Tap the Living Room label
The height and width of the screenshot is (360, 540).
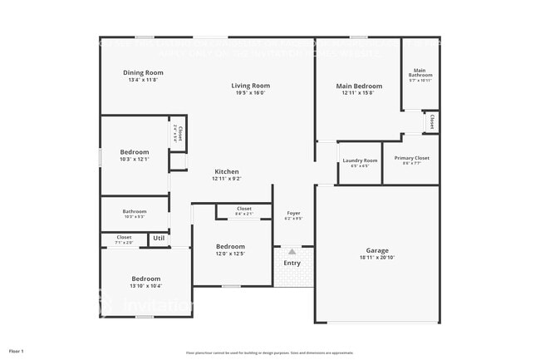[250, 86]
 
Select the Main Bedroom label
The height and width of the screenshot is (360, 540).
[359, 86]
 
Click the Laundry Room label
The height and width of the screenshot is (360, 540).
[360, 160]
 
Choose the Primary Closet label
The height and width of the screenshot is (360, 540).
[411, 158]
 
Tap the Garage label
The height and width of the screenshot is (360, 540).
[377, 250]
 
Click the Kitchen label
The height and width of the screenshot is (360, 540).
[226, 171]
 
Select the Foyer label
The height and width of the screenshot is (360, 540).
[293, 213]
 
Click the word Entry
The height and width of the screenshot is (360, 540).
[292, 264]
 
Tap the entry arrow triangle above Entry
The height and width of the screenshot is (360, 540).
[292, 251]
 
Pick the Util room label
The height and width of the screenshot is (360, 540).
[159, 239]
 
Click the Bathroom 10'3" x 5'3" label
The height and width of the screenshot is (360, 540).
[135, 212]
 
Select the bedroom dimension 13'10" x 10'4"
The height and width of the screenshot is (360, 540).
[145, 286]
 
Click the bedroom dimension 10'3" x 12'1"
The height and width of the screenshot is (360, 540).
[134, 160]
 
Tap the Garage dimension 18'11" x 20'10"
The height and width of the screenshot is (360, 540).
[377, 258]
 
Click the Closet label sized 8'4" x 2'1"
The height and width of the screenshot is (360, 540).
[244, 209]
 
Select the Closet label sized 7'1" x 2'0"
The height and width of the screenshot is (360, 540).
[124, 237]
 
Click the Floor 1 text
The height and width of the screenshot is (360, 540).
[17, 352]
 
